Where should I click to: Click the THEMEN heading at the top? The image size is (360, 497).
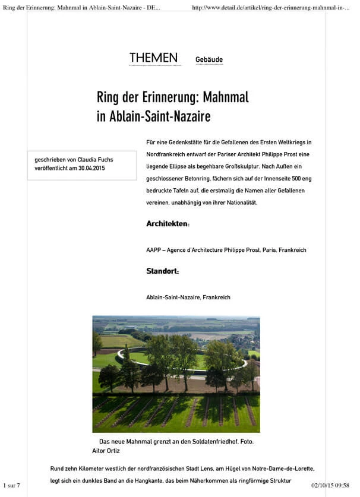153,58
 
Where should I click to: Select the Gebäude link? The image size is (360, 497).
209,60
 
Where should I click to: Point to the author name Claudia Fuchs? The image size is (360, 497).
94,160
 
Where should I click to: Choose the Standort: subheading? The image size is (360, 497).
162,271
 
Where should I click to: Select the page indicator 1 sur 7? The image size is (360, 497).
12,486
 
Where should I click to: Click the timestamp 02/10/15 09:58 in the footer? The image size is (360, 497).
330,486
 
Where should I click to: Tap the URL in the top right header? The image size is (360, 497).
271,7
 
